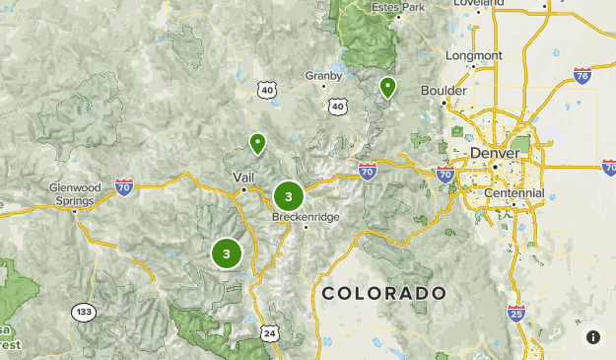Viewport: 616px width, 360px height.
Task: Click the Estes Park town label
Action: (x=397, y=7)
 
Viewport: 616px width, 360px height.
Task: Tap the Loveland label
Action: (x=479, y=4)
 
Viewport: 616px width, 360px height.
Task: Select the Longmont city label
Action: (x=473, y=55)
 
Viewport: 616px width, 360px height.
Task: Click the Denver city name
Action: (x=493, y=154)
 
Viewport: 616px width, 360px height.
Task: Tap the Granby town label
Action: (x=323, y=75)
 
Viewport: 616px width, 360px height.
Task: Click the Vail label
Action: (x=243, y=177)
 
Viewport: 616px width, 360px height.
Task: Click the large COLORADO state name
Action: (x=383, y=293)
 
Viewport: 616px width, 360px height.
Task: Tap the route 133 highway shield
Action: (x=84, y=313)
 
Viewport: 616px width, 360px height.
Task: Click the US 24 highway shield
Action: (x=270, y=334)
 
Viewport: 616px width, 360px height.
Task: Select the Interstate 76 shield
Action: (x=582, y=74)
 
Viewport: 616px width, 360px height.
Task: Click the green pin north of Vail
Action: (x=257, y=144)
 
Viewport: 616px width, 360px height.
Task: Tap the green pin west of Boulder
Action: (x=387, y=88)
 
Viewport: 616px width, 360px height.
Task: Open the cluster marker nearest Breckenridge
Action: (x=288, y=195)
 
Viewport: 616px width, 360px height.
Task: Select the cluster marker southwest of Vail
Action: (x=227, y=253)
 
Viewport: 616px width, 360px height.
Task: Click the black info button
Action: (x=593, y=337)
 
